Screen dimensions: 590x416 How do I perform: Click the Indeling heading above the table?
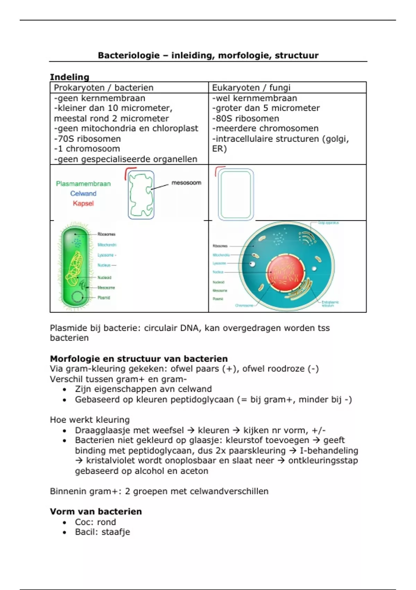[69, 77]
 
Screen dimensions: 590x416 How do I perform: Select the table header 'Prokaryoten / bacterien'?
[103, 87]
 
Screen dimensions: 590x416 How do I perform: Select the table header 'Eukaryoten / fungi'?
[251, 87]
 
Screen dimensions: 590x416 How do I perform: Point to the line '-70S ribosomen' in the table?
[87, 139]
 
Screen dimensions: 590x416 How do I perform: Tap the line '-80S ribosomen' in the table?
[245, 118]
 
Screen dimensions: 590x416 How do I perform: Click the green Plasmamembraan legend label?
[83, 184]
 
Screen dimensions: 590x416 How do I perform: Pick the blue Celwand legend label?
[83, 194]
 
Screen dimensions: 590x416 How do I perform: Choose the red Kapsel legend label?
[83, 203]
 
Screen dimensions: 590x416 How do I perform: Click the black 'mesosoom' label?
[186, 183]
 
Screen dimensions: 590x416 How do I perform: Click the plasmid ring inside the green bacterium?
[78, 297]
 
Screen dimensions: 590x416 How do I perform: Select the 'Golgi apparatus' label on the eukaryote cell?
[328, 223]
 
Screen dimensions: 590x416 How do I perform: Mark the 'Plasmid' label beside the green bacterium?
[104, 298]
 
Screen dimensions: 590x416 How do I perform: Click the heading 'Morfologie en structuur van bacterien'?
[139, 359]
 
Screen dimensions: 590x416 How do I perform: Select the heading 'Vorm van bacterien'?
[96, 512]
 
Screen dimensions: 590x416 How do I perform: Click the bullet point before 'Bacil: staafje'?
[64, 532]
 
